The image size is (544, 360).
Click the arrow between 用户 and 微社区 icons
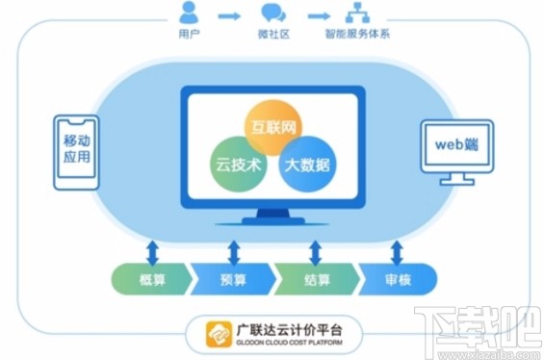click(229, 16)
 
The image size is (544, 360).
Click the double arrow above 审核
click(396, 252)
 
